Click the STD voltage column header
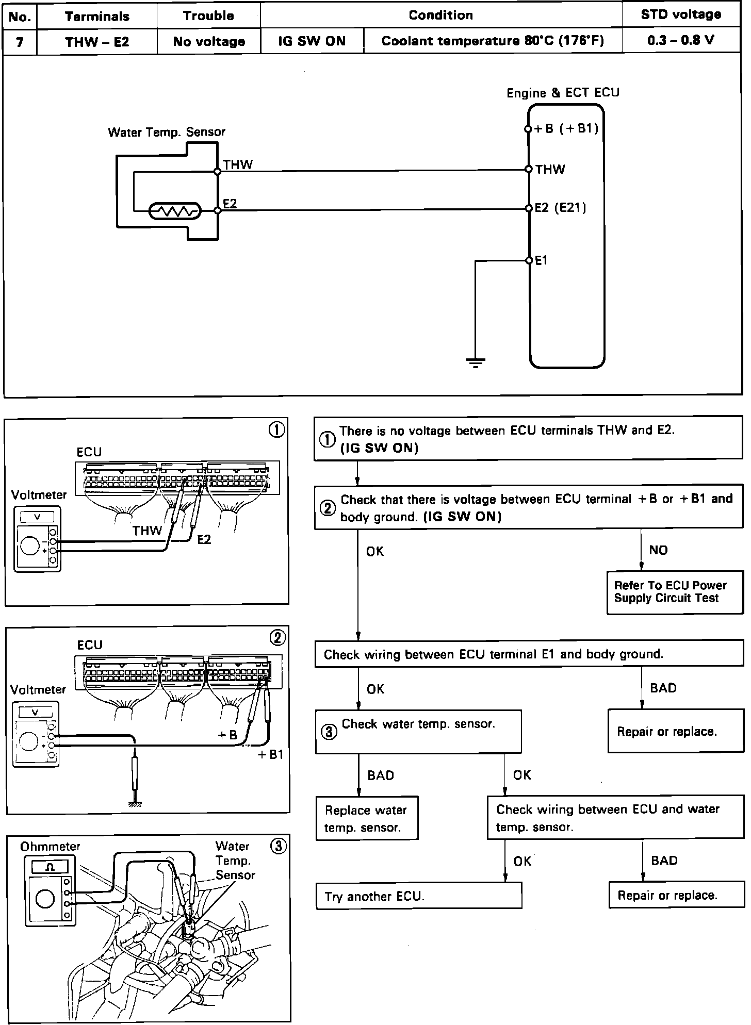(x=681, y=15)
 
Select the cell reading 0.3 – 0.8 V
(x=681, y=41)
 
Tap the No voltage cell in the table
(x=209, y=42)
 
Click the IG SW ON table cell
(x=312, y=41)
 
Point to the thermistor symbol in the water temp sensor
(x=174, y=211)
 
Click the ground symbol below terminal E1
(x=475, y=363)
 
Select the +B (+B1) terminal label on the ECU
(x=566, y=128)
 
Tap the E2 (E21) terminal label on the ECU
(x=560, y=208)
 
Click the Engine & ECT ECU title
(x=563, y=93)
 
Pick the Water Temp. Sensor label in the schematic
(x=167, y=132)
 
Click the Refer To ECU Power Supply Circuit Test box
(x=675, y=592)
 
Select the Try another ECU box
(x=418, y=896)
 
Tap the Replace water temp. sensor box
(x=367, y=819)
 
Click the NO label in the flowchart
(x=658, y=550)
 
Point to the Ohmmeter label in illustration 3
(x=50, y=847)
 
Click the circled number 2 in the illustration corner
(x=277, y=638)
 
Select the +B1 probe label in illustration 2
(x=270, y=755)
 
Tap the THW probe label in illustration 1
(x=147, y=531)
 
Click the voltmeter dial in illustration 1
(x=30, y=545)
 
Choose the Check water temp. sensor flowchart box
(x=418, y=731)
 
